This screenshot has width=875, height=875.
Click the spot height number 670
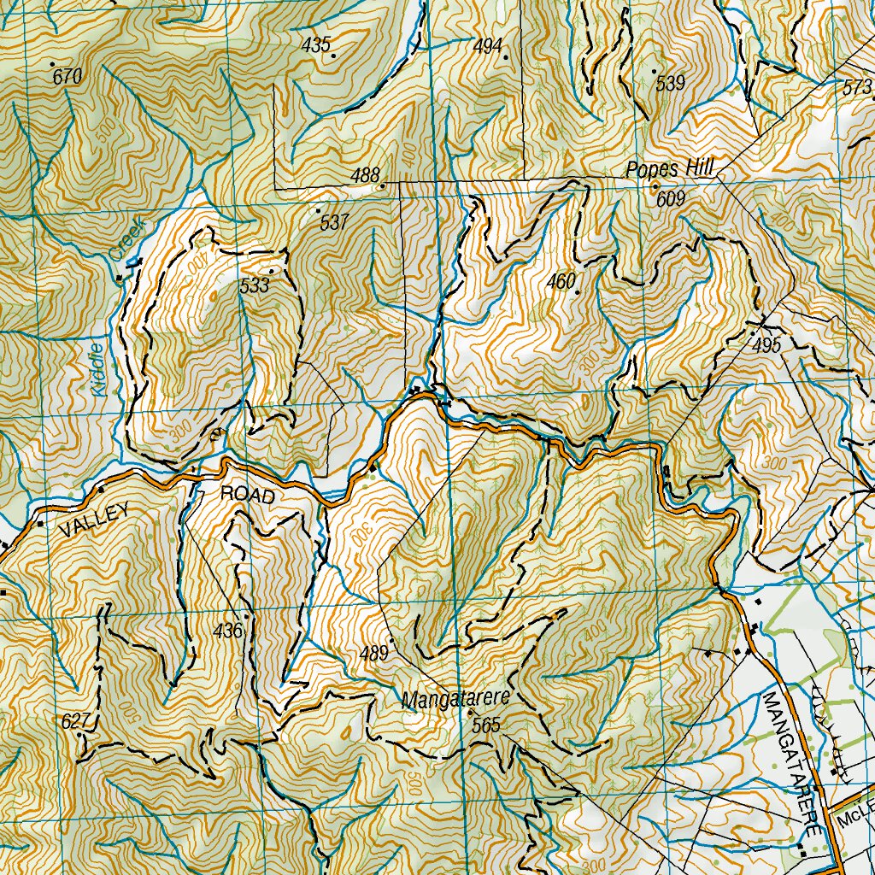68,77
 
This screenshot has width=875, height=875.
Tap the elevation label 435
316,45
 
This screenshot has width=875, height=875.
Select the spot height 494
487,46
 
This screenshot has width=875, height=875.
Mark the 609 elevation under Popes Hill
672,200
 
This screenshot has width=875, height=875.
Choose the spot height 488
365,176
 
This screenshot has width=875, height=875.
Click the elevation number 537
334,223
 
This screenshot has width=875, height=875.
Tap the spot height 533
255,285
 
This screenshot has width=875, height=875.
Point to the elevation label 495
767,345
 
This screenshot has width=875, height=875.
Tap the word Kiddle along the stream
97,367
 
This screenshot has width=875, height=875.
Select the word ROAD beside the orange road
248,495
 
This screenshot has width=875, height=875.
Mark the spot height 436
229,631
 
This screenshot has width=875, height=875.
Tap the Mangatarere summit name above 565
455,699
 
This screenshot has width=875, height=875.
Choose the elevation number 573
857,88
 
